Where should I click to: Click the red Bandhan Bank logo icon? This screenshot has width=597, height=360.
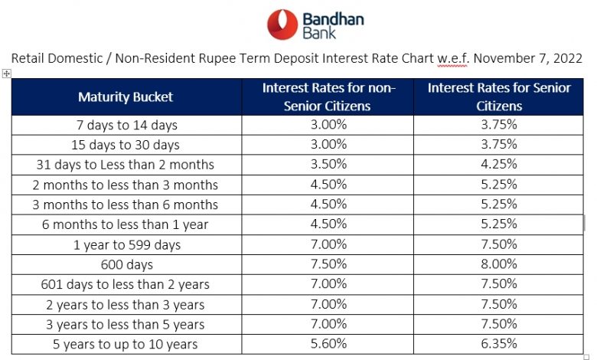coord(282,25)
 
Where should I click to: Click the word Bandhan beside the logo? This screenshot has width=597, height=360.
coord(333,19)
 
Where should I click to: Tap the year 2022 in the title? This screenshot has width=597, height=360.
coord(568,58)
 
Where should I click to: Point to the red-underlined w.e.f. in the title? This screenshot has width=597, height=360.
coord(452,59)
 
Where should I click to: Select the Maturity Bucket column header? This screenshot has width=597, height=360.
coord(126,97)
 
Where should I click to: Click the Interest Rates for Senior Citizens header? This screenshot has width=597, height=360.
coord(499,97)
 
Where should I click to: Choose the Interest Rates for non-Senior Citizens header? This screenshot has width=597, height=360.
coord(328,97)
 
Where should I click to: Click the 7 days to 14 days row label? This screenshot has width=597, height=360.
coord(127,126)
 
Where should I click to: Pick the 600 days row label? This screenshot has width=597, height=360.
coord(127,265)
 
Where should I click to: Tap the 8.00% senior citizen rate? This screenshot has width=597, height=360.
coord(499,264)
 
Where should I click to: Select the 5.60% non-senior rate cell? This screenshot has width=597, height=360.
coord(328,344)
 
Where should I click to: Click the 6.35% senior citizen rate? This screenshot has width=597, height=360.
coord(499,344)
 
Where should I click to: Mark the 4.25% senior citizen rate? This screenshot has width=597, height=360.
coord(499,164)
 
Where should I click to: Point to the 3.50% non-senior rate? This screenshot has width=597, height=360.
coord(328,164)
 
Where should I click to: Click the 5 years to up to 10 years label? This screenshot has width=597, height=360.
coord(126,345)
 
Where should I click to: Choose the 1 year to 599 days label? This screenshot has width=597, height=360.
coord(127,245)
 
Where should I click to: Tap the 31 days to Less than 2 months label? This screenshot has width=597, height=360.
coord(126,165)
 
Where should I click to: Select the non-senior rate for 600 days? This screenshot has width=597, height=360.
coord(328,264)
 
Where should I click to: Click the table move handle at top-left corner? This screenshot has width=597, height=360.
coord(6,74)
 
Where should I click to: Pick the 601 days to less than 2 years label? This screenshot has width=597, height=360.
coord(126,285)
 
